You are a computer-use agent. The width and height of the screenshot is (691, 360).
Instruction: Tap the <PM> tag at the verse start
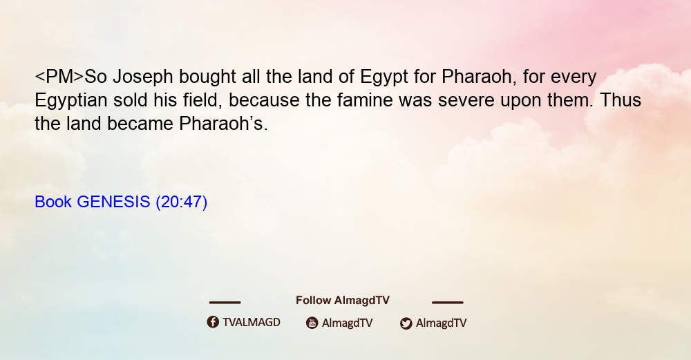click(x=59, y=77)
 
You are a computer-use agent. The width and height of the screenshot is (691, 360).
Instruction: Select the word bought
click(x=207, y=77)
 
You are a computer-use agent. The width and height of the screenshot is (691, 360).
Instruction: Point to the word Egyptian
click(x=71, y=100)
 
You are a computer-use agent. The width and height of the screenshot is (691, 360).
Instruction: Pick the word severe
click(x=466, y=100)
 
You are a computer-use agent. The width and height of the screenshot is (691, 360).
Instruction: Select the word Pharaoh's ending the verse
click(x=223, y=124)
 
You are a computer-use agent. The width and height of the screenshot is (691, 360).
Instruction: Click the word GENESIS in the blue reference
click(x=113, y=202)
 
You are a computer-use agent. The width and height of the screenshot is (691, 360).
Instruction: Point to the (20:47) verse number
click(x=182, y=202)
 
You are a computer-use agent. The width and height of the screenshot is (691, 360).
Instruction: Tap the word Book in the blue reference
click(x=53, y=202)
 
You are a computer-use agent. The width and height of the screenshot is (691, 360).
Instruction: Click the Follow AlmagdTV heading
click(x=343, y=301)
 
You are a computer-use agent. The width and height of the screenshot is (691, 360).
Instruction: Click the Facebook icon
click(x=213, y=322)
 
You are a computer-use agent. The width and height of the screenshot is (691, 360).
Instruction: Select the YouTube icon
click(x=312, y=323)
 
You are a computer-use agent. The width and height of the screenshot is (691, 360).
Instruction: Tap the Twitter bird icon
click(x=406, y=323)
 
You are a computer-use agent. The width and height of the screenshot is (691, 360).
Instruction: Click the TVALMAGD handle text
click(x=252, y=323)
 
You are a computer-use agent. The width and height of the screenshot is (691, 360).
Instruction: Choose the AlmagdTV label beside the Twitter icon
click(x=441, y=323)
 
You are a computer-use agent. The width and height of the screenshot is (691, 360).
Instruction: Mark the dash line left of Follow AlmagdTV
click(x=225, y=302)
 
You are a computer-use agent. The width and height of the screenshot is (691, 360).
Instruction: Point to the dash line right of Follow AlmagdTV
click(x=448, y=302)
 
